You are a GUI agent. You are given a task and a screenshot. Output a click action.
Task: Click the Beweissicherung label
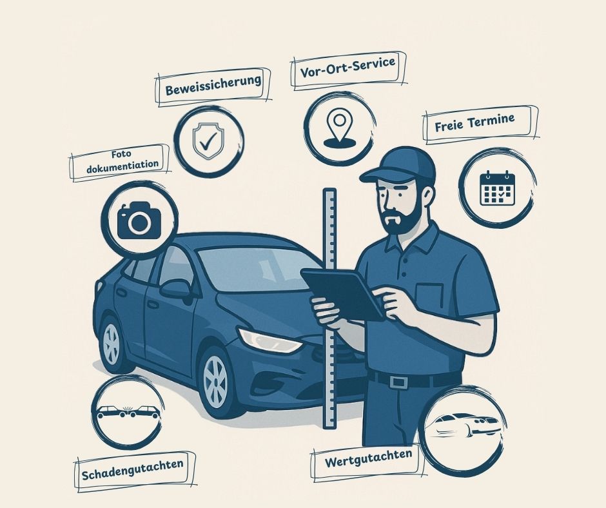pos(213,86)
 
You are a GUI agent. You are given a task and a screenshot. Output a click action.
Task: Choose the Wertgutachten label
pos(368,458)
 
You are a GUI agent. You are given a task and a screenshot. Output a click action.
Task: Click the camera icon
pos(139,220)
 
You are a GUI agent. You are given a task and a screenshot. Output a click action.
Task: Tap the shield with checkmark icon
pos(208,141)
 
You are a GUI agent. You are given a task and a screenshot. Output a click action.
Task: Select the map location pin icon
pos(339,128)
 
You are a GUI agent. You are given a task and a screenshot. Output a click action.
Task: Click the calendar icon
pos(498,188)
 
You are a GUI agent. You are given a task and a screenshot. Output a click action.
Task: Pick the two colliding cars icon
pos(128,412)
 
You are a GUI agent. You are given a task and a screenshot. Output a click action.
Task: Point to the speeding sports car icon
pos(464,425)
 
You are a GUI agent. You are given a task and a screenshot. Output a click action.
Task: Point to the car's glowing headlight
pos(269,340)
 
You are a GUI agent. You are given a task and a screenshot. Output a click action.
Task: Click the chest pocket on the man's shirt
pos(431,296)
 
